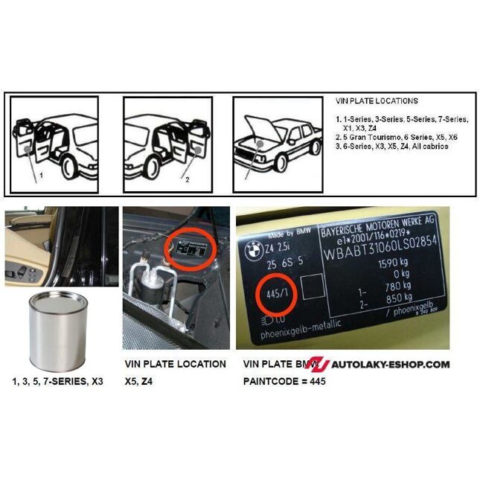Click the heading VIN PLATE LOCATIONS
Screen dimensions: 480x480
click(376, 101)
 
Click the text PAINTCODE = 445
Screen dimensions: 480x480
click(284, 381)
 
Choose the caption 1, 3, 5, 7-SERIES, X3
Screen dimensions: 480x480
click(57, 381)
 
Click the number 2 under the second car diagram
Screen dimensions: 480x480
click(188, 179)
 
